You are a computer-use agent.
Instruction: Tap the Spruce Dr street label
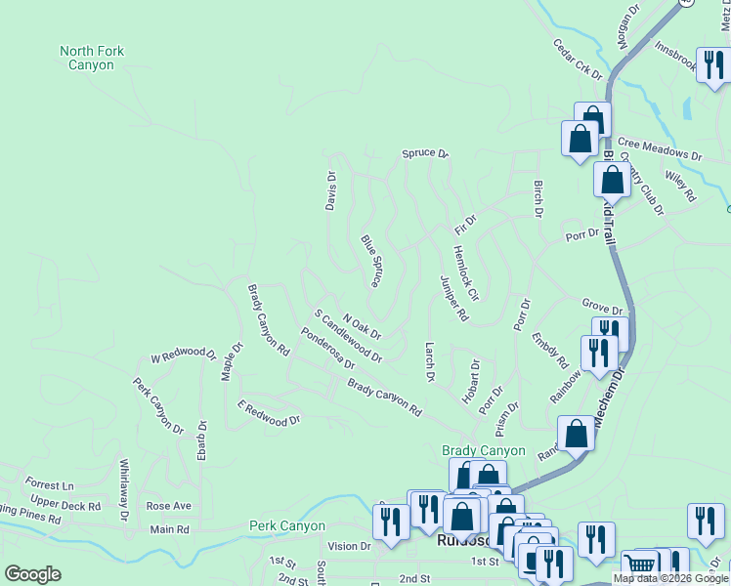pyautogui.click(x=424, y=154)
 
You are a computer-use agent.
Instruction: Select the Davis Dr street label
pyautogui.click(x=331, y=190)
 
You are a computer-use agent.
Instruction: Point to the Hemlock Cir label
pyautogui.click(x=466, y=272)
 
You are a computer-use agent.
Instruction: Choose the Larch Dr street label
pyautogui.click(x=429, y=361)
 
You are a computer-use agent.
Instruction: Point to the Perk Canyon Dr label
pyautogui.click(x=158, y=406)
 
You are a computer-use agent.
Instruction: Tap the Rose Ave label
pyautogui.click(x=168, y=507)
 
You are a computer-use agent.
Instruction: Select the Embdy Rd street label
pyautogui.click(x=549, y=350)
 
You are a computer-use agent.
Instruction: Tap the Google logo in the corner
pyautogui.click(x=32, y=574)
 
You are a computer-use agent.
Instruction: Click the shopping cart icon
pyautogui.click(x=641, y=566)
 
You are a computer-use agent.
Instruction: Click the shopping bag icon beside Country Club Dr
pyautogui.click(x=612, y=180)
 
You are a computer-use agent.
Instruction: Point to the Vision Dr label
pyautogui.click(x=350, y=546)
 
